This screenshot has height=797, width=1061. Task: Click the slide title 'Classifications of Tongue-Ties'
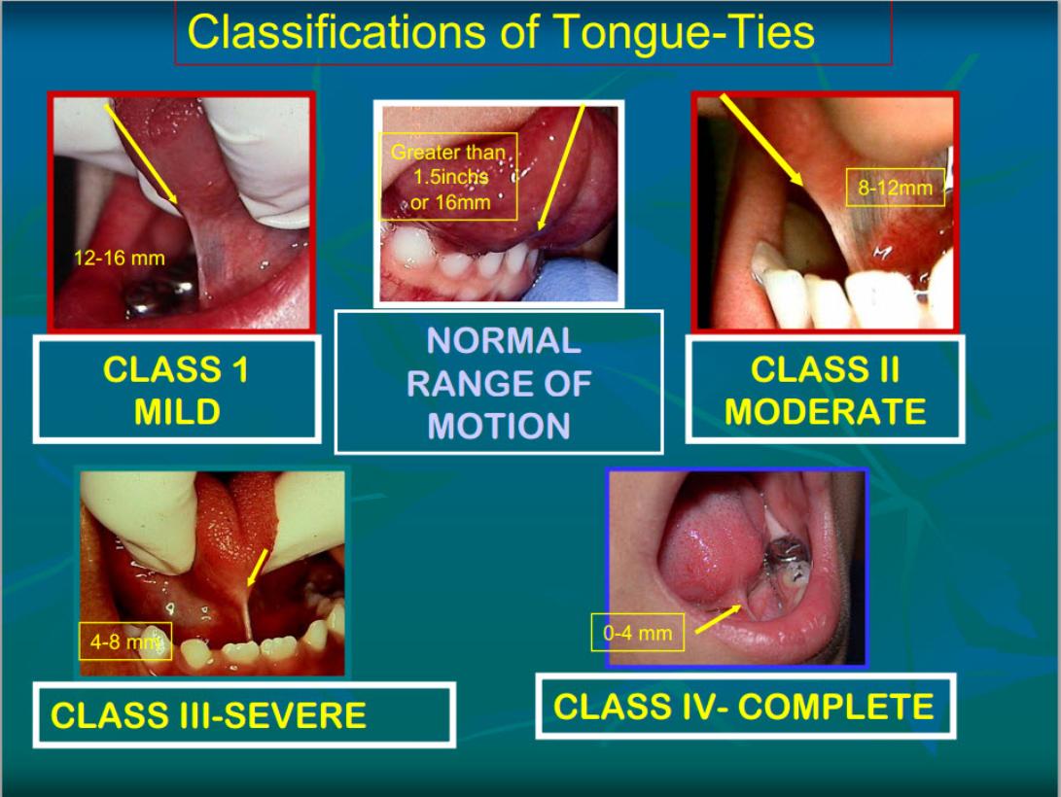pos(501,32)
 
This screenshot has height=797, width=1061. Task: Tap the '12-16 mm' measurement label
pos(120,259)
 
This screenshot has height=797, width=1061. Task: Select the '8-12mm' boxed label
pos(894,188)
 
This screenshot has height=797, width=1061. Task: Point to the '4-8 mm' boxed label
pos(124,641)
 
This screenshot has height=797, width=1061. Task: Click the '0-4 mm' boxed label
pos(637,633)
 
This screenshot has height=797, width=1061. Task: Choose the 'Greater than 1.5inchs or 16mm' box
pos(448,177)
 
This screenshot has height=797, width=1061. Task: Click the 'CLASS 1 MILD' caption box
pos(176,391)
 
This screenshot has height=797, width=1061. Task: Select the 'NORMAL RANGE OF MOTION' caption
pos(498,383)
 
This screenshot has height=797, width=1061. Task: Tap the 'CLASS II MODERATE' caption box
pos(824,391)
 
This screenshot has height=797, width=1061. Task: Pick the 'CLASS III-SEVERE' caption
pos(208,715)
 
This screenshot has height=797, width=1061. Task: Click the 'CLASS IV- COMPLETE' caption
pos(743,707)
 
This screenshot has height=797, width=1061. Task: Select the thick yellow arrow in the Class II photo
pos(760,138)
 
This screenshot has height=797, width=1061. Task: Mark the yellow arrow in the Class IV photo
pos(718,616)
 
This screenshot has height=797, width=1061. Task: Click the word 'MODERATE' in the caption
pos(824,411)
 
